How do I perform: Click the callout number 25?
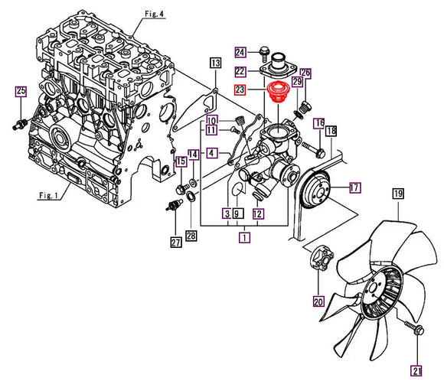(x=21, y=92)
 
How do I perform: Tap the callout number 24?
(x=240, y=52)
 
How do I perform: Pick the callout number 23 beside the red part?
(x=240, y=90)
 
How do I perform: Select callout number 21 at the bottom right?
(x=416, y=371)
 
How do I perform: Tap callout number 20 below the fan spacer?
(x=318, y=300)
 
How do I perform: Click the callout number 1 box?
(x=244, y=238)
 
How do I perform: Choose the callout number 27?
(x=176, y=243)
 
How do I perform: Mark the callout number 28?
(x=191, y=235)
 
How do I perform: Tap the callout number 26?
(x=305, y=73)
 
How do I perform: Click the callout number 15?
(x=181, y=161)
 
